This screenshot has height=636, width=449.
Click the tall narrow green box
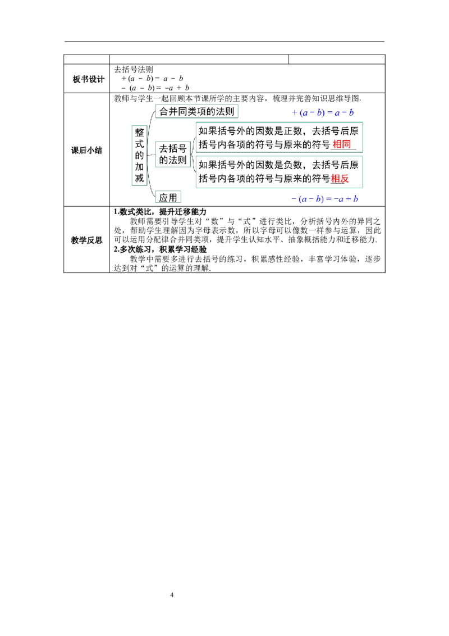point(139,155)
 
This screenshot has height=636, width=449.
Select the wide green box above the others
point(197,112)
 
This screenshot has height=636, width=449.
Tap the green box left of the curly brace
point(172,155)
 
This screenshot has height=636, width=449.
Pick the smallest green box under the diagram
point(168,197)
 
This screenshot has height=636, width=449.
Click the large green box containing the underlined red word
point(278,138)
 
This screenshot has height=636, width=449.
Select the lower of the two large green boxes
point(278,171)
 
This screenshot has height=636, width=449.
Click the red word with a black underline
point(341,144)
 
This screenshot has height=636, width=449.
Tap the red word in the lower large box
point(340,179)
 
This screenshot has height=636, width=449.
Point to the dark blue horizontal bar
point(352,119)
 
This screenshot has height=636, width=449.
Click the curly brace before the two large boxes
point(194,155)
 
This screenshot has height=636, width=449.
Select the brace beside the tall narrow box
point(151,155)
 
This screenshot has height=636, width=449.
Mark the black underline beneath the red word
point(341,149)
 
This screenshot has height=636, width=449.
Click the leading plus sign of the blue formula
point(294,113)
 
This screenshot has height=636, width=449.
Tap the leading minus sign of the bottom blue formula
point(290,199)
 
